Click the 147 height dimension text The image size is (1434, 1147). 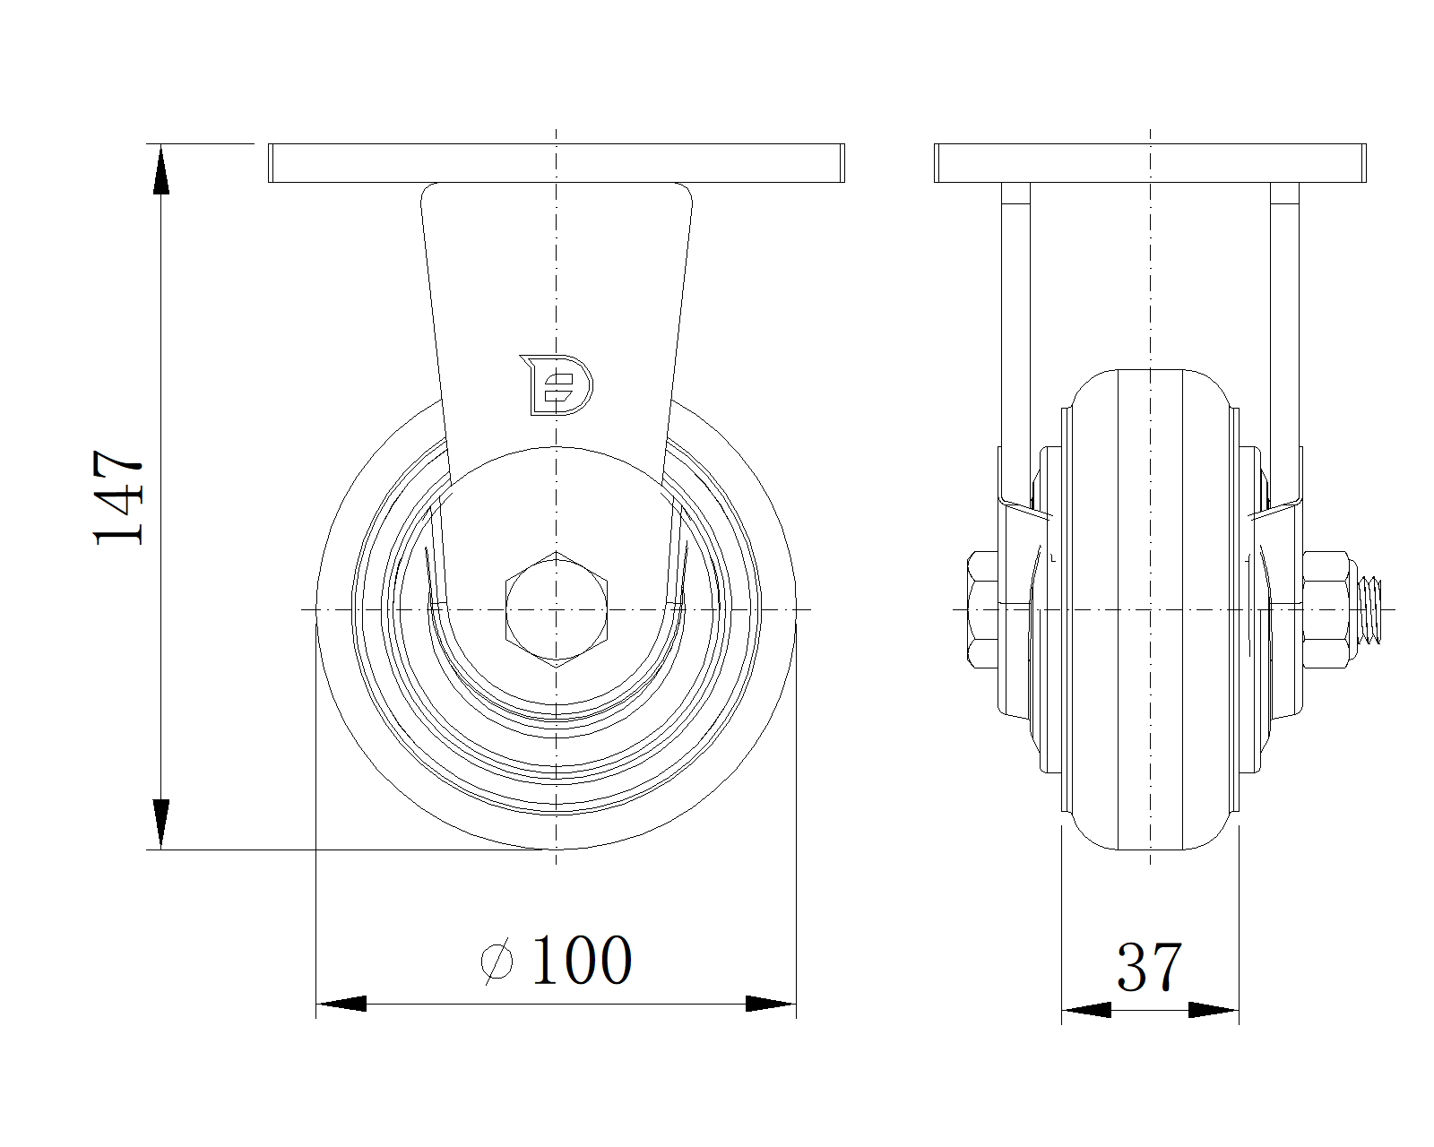point(118,498)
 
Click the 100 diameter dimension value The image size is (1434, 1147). point(582,959)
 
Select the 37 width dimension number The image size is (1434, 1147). point(1149,966)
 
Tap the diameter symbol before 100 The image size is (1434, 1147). point(497,961)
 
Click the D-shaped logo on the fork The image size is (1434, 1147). point(557,385)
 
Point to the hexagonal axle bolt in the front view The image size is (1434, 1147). point(557,609)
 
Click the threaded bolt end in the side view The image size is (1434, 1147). point(1370,609)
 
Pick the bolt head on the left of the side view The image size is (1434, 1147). point(982,609)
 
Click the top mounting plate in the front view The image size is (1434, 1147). point(557,162)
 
